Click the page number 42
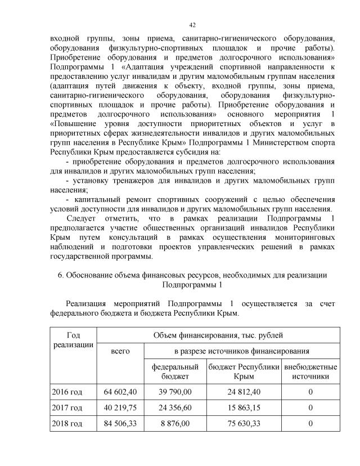pyautogui.click(x=192, y=25)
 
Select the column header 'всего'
pyautogui.click(x=120, y=351)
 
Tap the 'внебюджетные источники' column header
pyautogui.click(x=310, y=371)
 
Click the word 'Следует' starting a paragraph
pyautogui.click(x=81, y=218)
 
